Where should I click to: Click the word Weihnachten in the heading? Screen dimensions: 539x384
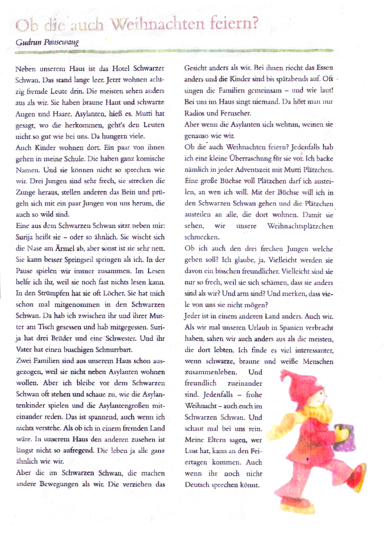pyautogui.click(x=158, y=25)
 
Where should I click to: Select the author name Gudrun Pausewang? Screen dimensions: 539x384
pyautogui.click(x=47, y=42)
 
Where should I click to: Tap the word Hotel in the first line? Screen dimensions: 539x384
pyautogui.click(x=121, y=69)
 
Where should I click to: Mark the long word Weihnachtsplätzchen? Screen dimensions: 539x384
pyautogui.click(x=300, y=226)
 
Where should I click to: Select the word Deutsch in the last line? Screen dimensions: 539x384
pyautogui.click(x=196, y=485)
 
